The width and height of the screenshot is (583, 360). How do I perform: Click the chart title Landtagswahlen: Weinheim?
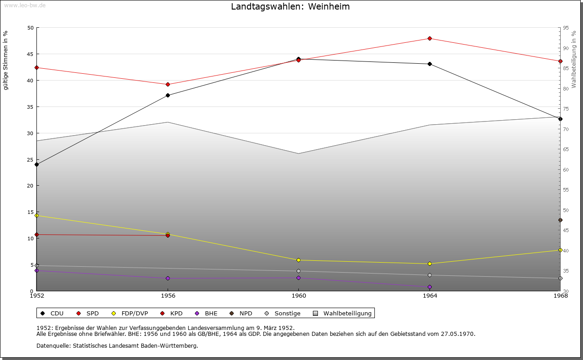click(x=290, y=7)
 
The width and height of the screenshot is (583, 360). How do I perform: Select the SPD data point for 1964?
click(x=430, y=38)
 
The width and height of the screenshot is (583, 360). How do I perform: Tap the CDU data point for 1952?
click(x=37, y=164)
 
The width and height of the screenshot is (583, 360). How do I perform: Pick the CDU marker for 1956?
click(x=168, y=95)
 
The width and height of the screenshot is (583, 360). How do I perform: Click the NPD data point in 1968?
click(x=560, y=220)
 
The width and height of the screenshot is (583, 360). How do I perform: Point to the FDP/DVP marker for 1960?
click(x=299, y=260)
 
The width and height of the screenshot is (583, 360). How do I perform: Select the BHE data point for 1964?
click(x=430, y=287)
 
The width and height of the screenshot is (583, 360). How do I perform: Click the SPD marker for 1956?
click(x=168, y=84)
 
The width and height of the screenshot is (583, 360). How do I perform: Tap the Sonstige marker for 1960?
click(x=299, y=271)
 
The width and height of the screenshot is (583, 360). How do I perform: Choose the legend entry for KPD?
click(x=172, y=313)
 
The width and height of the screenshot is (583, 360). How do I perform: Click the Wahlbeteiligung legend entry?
click(x=343, y=313)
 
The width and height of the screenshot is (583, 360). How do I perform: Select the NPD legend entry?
click(x=241, y=313)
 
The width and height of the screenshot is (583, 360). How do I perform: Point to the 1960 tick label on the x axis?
click(x=299, y=296)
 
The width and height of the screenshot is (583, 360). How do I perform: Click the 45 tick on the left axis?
click(x=31, y=54)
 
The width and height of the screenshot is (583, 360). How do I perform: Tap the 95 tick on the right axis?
click(x=566, y=28)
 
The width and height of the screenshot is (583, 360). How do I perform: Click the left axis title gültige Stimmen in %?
click(x=6, y=61)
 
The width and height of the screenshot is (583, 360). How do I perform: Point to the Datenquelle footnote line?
click(x=117, y=345)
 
